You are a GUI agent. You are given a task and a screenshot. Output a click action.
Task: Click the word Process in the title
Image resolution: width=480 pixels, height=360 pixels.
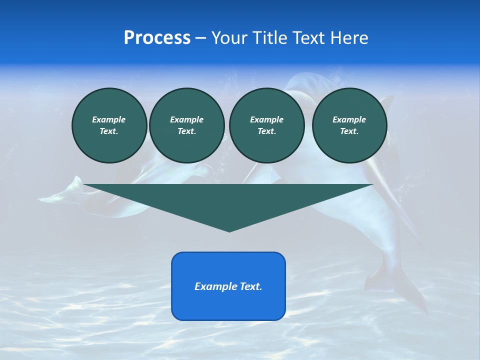(157, 38)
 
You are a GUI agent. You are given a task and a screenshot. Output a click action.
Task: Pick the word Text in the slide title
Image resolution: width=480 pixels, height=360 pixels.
(308, 38)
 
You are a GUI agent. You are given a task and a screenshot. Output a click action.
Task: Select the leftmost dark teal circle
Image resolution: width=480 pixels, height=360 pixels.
(109, 125)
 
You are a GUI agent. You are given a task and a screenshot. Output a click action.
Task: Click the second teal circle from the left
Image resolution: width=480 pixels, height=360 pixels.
(186, 125)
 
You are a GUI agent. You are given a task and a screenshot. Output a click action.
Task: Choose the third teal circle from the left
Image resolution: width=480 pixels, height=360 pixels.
(266, 125)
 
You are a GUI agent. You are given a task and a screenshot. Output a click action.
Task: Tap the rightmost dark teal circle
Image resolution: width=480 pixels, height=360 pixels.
(349, 125)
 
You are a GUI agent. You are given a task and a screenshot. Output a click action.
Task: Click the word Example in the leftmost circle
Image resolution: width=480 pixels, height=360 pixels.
(109, 119)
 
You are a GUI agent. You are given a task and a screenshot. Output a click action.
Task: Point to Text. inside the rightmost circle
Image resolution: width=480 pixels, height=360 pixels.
(349, 131)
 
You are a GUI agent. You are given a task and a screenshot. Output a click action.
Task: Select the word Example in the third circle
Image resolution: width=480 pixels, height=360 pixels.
(266, 119)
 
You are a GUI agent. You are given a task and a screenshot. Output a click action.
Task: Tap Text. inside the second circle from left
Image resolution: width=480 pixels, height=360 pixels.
(186, 131)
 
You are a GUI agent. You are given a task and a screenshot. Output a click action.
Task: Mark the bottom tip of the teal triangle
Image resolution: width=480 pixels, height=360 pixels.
(229, 231)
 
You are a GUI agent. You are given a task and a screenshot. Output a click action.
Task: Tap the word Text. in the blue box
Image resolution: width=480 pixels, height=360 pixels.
(250, 286)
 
